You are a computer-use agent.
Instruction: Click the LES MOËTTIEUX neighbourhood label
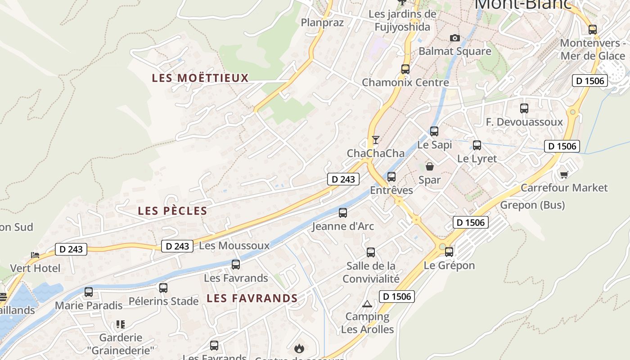point(200,78)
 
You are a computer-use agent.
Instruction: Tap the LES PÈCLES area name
point(172,211)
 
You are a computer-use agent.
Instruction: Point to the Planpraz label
point(322,22)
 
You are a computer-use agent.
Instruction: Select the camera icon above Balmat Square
point(455,38)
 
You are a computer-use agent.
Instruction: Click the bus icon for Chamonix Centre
point(405,69)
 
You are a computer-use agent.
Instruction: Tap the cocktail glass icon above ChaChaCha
point(376,139)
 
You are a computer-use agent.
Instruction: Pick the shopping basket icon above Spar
point(430,166)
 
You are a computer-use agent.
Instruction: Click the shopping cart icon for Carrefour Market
point(564,174)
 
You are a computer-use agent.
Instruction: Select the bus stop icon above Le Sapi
point(434,131)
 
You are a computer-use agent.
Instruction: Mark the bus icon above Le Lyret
point(477,145)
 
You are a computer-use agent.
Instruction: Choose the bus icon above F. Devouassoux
point(524,108)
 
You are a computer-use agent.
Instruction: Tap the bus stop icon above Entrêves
point(391,177)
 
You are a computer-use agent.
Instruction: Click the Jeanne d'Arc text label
point(343,226)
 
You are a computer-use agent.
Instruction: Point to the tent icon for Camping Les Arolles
point(367,304)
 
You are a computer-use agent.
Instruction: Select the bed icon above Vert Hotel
point(35,255)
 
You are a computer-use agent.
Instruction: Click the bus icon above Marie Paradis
point(89,292)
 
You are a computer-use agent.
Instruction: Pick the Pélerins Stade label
point(163,301)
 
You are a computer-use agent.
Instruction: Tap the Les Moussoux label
point(234,246)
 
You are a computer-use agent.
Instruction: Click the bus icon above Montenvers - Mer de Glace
point(593,30)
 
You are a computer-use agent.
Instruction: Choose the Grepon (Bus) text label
point(532,205)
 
